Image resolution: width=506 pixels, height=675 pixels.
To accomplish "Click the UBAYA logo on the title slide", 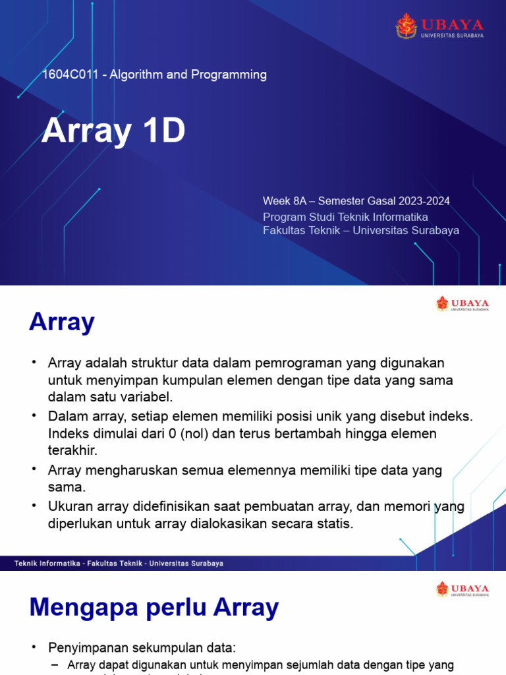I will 439,26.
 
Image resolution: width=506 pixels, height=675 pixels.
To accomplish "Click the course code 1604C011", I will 72,75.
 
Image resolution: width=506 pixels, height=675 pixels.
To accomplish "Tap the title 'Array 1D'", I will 113,131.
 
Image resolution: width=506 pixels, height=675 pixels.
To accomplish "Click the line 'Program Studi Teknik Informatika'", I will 345,216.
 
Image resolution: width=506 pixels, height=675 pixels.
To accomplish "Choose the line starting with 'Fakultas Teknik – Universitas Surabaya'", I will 360,230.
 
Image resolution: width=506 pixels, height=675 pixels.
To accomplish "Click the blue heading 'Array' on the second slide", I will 62,322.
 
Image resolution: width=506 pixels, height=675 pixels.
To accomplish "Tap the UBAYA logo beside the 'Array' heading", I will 462,304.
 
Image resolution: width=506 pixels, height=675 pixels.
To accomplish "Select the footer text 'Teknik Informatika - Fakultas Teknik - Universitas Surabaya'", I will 119,564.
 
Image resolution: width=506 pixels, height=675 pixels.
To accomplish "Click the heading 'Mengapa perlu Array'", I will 154,607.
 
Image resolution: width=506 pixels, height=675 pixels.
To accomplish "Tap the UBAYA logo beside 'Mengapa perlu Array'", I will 462,589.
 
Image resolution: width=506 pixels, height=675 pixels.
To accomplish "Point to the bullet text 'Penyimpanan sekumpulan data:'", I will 142,648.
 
